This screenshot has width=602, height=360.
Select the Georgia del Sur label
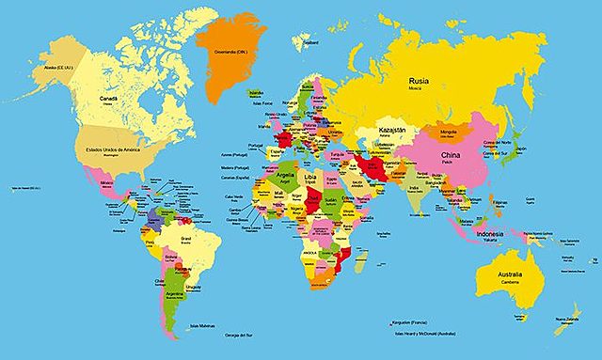tap(239, 337)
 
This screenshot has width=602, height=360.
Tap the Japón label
tap(519, 148)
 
